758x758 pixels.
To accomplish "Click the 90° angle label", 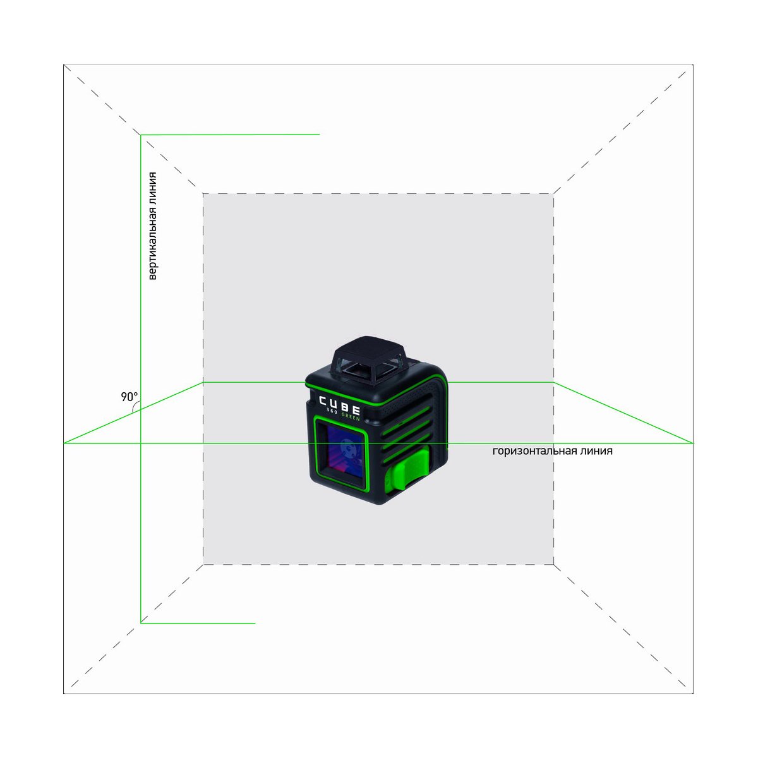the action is pyautogui.click(x=129, y=397).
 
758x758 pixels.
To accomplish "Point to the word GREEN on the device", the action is pyautogui.click(x=351, y=417).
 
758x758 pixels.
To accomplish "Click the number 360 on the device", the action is pyautogui.click(x=332, y=412).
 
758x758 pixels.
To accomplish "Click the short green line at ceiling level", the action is pyautogui.click(x=230, y=135).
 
